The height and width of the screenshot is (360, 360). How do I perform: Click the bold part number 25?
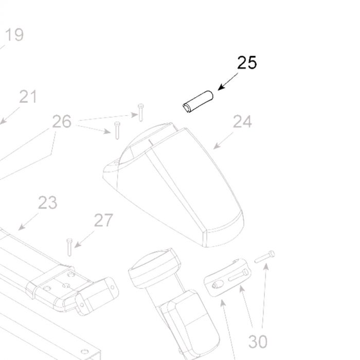[x=247, y=63]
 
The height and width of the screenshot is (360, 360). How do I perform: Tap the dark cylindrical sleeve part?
[x=198, y=102]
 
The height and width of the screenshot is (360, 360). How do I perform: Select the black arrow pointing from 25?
[x=228, y=81]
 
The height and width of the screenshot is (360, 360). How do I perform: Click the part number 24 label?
[x=242, y=122]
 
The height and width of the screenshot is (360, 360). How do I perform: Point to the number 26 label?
[x=62, y=121]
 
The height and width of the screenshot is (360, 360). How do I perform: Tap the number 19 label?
[x=14, y=34]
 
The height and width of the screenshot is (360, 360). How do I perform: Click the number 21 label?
[x=28, y=97]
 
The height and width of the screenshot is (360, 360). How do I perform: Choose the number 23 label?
[x=47, y=203]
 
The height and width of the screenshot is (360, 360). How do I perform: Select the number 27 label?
[x=103, y=220]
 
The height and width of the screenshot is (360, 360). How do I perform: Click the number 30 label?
[x=258, y=342]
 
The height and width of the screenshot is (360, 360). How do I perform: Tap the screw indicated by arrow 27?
[x=69, y=247]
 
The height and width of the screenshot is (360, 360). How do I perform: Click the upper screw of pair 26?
[x=141, y=113]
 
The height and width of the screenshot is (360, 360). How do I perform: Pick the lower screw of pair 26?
[x=117, y=131]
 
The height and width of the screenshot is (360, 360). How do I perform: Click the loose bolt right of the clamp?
[x=265, y=257]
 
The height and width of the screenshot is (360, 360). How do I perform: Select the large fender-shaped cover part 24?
[x=174, y=185]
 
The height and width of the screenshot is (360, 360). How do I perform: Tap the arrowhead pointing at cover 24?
[x=216, y=146]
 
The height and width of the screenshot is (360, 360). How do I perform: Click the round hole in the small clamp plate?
[x=218, y=284]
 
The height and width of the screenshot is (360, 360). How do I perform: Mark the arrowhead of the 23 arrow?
[x=21, y=227]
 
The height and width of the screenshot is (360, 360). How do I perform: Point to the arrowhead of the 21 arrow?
[x=3, y=121]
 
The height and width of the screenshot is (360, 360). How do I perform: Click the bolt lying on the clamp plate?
[x=238, y=275]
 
